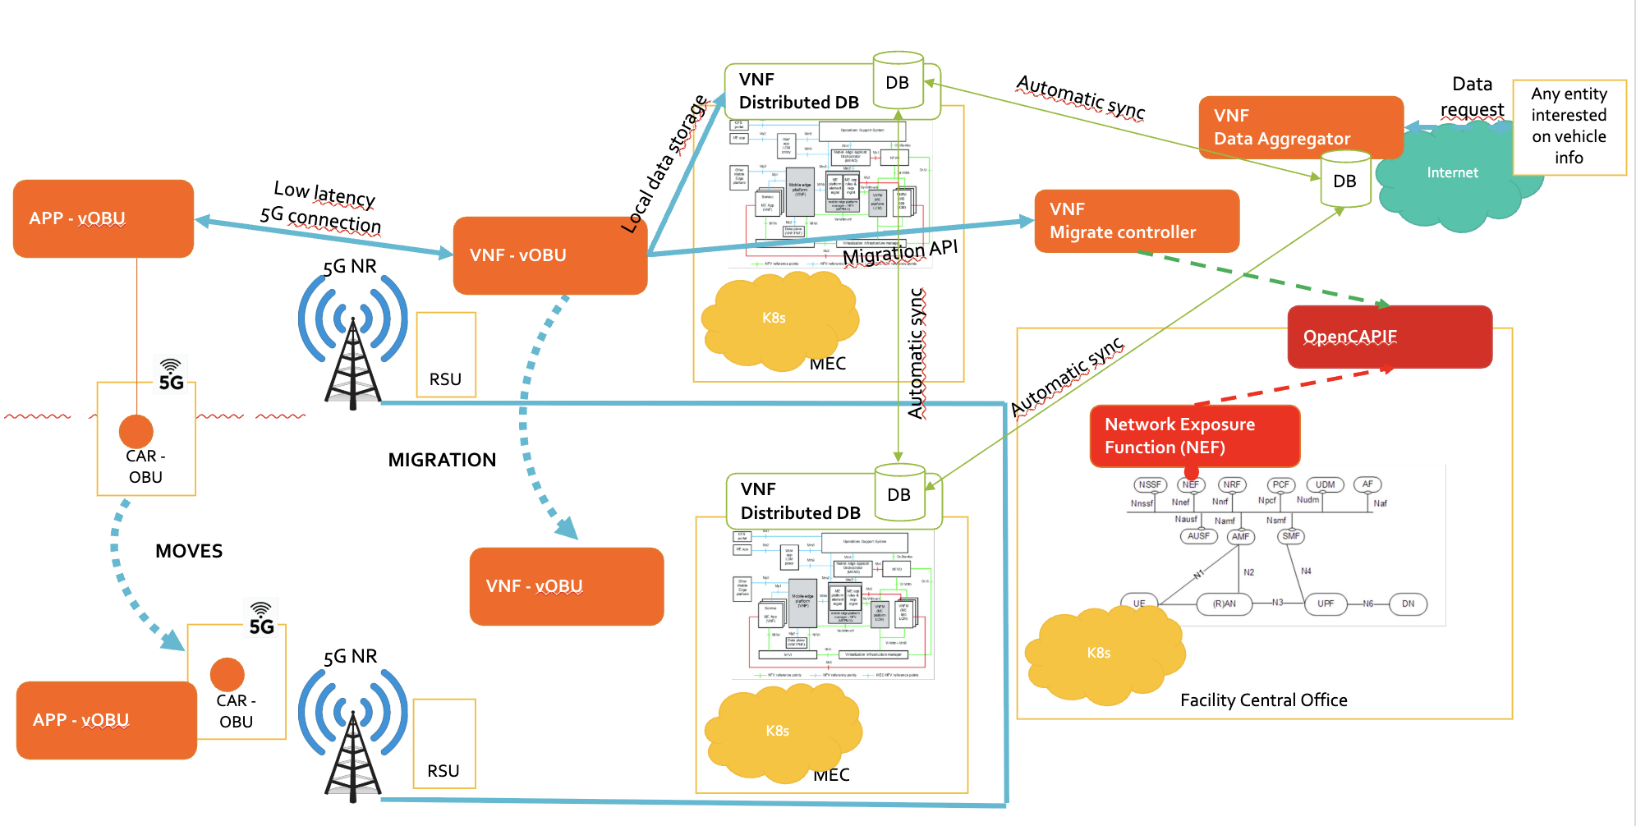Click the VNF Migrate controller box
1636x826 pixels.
[x=1136, y=221]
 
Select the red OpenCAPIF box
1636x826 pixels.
[x=1389, y=337]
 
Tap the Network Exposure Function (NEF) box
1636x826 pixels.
[x=1194, y=436]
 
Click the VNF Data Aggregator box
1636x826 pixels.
[x=1300, y=126]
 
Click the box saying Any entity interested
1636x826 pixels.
[x=1569, y=126]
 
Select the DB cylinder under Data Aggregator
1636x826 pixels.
[x=1344, y=180]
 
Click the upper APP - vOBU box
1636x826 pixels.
[x=103, y=218]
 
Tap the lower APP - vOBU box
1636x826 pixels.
[x=106, y=720]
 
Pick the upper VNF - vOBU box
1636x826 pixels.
[x=549, y=255]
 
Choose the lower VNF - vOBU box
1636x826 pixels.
[x=566, y=586]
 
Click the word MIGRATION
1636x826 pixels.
[x=442, y=460]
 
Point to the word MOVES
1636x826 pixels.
[x=189, y=551]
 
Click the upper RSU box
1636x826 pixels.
[x=446, y=355]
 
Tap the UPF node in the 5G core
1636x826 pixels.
[x=1325, y=603]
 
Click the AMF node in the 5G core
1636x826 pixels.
[x=1240, y=536]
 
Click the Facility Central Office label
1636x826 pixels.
[x=1263, y=700]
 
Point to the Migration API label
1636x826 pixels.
[x=900, y=253]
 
